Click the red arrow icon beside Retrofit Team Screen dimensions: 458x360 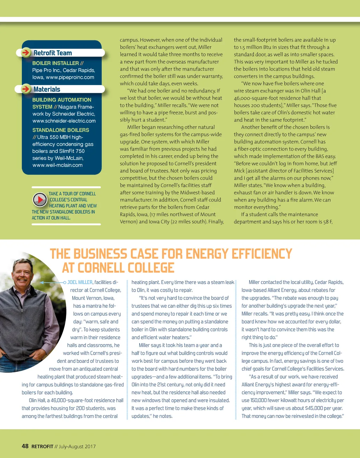pos(26,53)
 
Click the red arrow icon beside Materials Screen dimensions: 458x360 pos(26,89)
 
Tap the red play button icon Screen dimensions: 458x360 pos(40,200)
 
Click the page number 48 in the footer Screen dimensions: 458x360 pos(25,446)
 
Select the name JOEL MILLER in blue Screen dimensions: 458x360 pos(80,282)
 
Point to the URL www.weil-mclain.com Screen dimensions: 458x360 pos(57,165)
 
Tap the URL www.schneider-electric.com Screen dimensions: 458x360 pos(64,121)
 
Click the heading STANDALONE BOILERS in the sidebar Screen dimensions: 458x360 pos(61,130)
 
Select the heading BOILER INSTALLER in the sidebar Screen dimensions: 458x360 pos(56,63)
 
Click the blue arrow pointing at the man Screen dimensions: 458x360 pos(53,282)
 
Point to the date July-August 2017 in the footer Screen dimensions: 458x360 pos(77,446)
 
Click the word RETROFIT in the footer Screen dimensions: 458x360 pos(42,446)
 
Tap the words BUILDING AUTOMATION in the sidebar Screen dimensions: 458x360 pos(62,100)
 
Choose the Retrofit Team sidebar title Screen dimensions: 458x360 pos(53,53)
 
